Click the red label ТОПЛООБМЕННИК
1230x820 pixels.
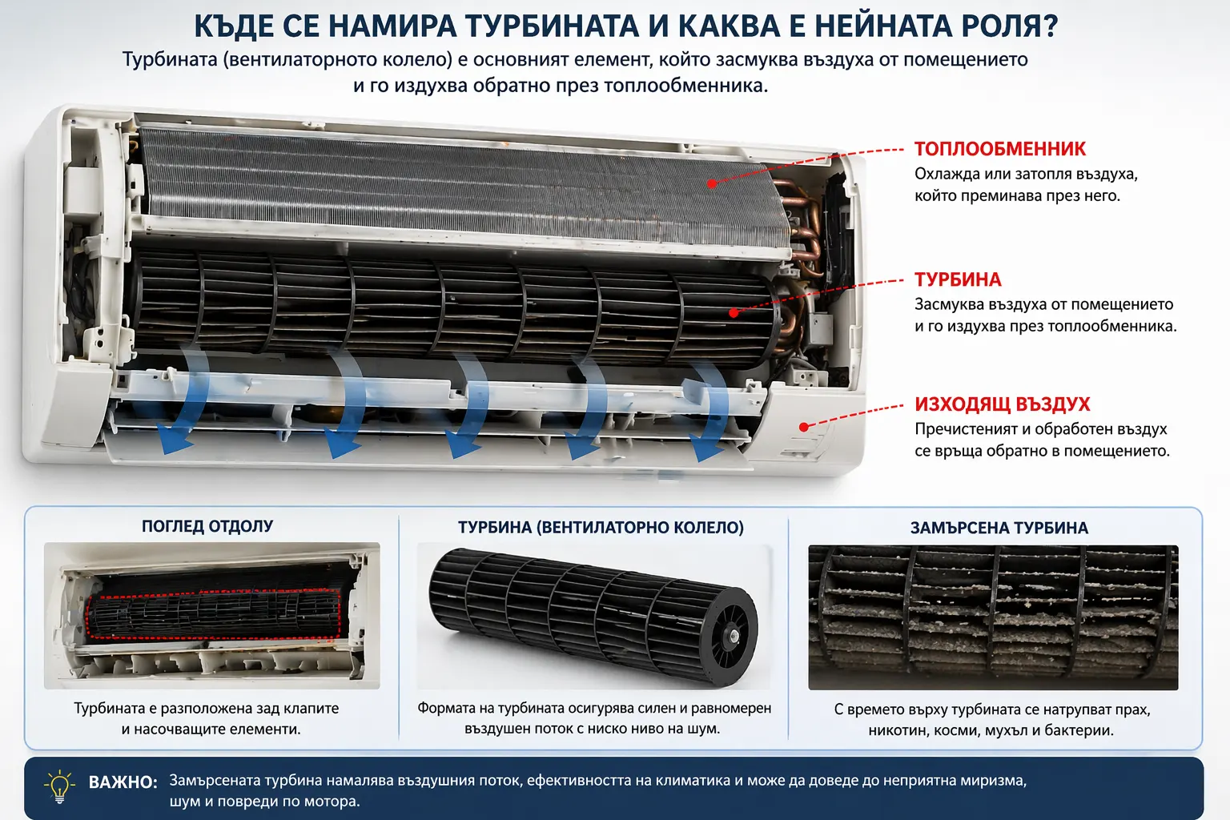[x=999, y=149]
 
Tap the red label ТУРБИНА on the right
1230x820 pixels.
[x=958, y=279]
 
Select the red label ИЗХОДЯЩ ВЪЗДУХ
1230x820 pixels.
[x=1002, y=404]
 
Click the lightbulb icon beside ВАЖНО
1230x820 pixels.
[x=59, y=786]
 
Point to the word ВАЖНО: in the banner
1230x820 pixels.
[x=123, y=782]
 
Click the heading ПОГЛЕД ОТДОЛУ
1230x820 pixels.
[x=207, y=526]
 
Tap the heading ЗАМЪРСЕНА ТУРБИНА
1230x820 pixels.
[x=999, y=528]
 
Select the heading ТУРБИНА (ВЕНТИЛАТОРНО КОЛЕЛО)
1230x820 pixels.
[x=601, y=528]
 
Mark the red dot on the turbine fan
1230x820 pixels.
[x=734, y=312]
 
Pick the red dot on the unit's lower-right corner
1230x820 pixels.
[x=804, y=427]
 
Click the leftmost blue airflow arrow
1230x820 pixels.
[x=180, y=400]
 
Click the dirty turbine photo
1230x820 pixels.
[x=993, y=617]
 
